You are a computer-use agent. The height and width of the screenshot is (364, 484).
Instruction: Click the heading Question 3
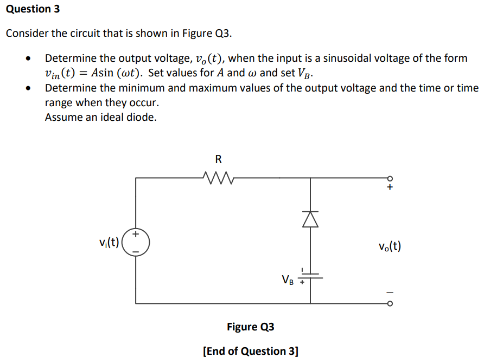[33, 9]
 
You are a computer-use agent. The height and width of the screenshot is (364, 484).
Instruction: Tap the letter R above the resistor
[218, 159]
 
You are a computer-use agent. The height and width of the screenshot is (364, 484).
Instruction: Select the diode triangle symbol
[310, 218]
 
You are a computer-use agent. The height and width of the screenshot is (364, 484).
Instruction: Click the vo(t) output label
[390, 246]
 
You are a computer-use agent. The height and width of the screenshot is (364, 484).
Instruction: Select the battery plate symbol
[310, 276]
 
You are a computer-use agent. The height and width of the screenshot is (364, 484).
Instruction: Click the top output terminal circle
[389, 178]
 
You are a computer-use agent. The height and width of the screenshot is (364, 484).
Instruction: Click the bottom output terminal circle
[389, 303]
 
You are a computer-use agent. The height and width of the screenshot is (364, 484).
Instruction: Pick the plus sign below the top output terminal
[389, 188]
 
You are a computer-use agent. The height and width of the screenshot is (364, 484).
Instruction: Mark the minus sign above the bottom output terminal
[389, 292]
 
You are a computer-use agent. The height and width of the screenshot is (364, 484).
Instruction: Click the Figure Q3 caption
[250, 327]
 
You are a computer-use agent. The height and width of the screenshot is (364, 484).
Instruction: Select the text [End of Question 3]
[250, 350]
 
